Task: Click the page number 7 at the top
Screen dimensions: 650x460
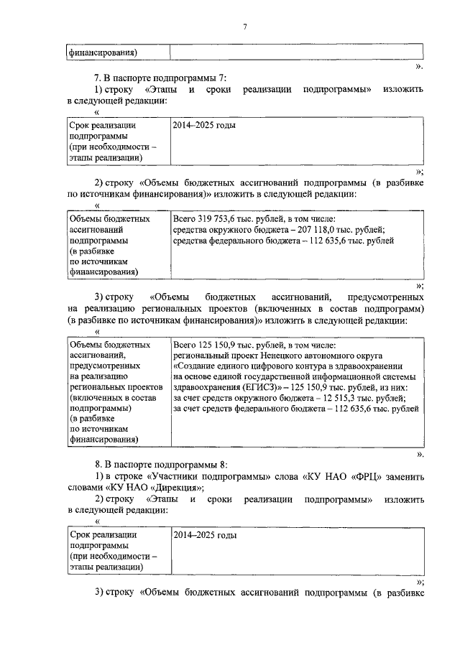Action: [x=244, y=27]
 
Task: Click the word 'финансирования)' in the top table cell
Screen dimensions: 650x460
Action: [x=103, y=52]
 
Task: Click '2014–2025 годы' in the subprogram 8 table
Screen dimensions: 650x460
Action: [x=205, y=535]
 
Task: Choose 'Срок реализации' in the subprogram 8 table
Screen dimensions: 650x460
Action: [x=103, y=535]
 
